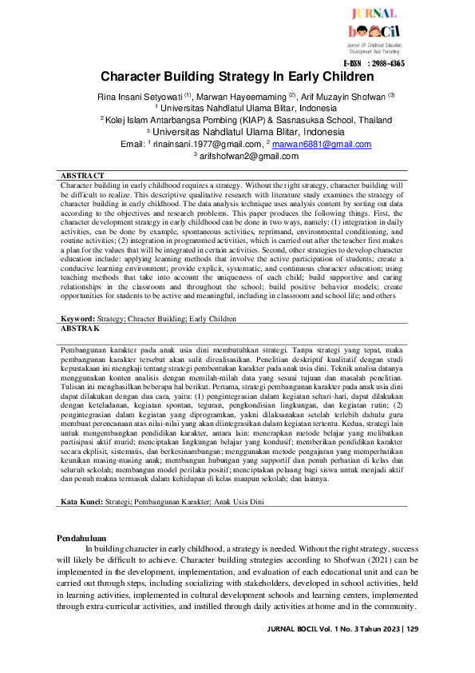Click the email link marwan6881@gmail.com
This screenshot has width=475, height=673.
pos(322,145)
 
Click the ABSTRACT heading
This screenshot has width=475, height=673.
pos(82,175)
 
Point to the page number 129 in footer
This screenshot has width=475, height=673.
pos(412,629)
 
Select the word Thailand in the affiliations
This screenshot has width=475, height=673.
pos(352,120)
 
